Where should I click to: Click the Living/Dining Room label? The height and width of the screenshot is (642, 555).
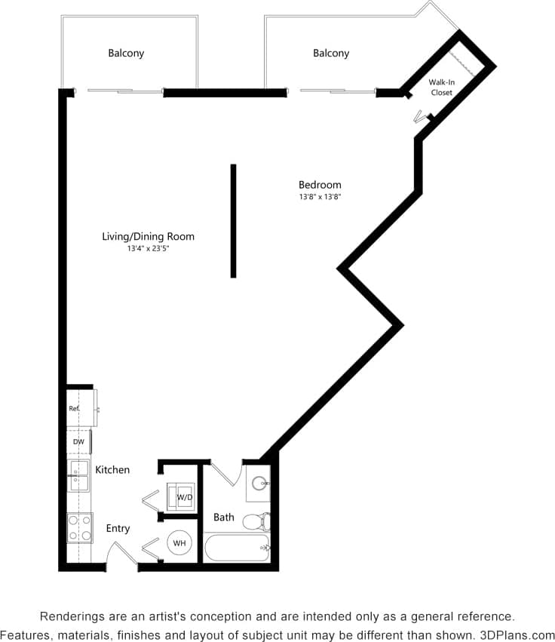tap(148, 236)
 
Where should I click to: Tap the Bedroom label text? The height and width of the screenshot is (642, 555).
tap(320, 185)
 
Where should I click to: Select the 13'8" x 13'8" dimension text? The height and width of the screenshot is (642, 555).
tap(320, 197)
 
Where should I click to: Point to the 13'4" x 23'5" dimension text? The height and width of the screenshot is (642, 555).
tap(148, 248)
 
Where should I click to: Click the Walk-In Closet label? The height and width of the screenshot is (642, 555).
tap(441, 87)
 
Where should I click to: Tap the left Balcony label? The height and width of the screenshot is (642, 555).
tap(126, 53)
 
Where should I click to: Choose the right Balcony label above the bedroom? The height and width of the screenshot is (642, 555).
tap(331, 53)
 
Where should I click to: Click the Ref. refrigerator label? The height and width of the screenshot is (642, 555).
tap(74, 408)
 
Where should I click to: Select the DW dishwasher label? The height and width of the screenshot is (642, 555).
tap(78, 441)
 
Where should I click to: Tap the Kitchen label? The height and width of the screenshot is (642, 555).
tap(112, 469)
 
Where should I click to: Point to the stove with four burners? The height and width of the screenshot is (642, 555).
tap(79, 527)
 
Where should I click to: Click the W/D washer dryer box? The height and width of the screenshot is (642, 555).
tap(183, 497)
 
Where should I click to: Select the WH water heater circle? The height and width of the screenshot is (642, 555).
tap(179, 542)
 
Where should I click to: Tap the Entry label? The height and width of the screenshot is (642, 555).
tap(118, 528)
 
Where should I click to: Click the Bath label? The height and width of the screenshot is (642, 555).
tap(223, 518)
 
